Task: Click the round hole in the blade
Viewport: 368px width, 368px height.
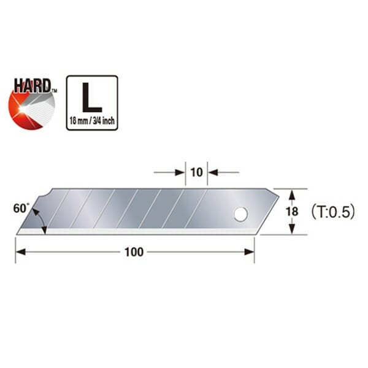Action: point(240,214)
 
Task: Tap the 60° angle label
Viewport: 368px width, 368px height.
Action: point(20,208)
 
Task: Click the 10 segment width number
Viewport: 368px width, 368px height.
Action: point(196,172)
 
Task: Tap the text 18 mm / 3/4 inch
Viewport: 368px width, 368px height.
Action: point(91,120)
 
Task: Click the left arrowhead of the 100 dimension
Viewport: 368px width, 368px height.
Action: point(20,252)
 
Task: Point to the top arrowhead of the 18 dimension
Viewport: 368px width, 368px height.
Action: point(293,193)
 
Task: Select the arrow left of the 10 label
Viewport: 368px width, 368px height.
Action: point(180,172)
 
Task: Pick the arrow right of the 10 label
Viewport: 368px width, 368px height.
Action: point(213,172)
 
